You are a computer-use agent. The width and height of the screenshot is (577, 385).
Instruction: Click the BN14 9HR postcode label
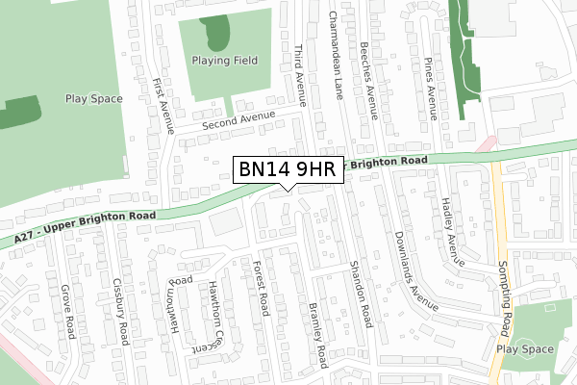coord(286,170)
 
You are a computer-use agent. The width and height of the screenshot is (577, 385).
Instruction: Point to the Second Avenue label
coord(238,120)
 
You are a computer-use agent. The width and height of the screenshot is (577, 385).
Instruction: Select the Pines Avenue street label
coord(431,88)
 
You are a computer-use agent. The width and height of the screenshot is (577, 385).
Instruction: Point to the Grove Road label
coord(67,311)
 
